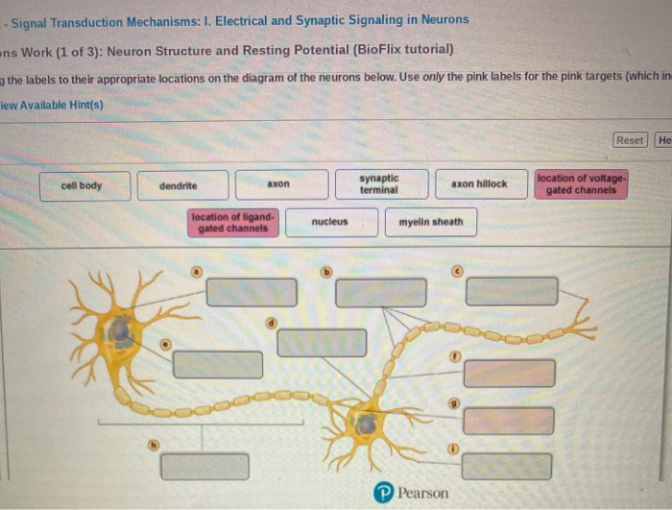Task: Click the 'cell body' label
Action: (x=82, y=185)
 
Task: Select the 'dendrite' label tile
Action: (x=179, y=185)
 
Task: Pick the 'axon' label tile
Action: (x=278, y=184)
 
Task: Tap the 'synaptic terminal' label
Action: (x=379, y=184)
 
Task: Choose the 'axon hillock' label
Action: (x=479, y=184)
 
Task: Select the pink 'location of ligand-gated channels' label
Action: (x=233, y=223)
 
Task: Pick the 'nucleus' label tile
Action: (x=330, y=222)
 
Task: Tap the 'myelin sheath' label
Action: (x=430, y=222)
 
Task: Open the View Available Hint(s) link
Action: (x=53, y=104)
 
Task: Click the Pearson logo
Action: (x=411, y=493)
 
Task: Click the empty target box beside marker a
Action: (x=252, y=292)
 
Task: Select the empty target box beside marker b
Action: (x=380, y=292)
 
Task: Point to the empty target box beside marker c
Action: (x=512, y=291)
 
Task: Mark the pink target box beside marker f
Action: (x=508, y=374)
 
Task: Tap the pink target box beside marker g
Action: (x=508, y=420)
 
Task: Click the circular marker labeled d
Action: (x=272, y=323)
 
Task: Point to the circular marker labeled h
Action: (x=151, y=445)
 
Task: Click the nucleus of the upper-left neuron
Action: (x=120, y=332)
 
